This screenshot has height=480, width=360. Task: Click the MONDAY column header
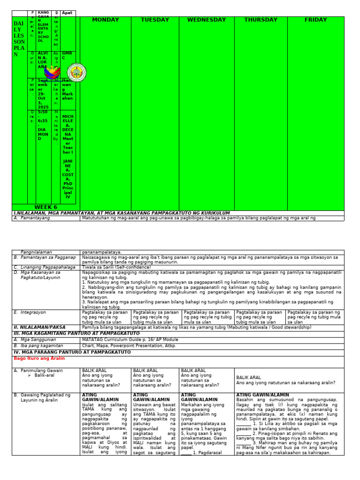105,20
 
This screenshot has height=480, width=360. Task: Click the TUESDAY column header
155,20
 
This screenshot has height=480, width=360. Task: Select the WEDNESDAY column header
206,20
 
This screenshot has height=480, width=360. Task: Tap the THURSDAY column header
261,20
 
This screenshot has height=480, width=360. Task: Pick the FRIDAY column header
315,20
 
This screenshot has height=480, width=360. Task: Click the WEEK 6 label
45,207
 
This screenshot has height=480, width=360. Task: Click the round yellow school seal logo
76,73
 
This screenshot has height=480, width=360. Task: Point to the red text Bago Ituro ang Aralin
39,358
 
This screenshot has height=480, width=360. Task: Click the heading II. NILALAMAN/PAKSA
39,327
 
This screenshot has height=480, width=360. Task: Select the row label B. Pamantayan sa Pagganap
45,257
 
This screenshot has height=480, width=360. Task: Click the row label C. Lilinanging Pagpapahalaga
45,267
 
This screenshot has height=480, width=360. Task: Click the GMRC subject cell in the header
68,56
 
